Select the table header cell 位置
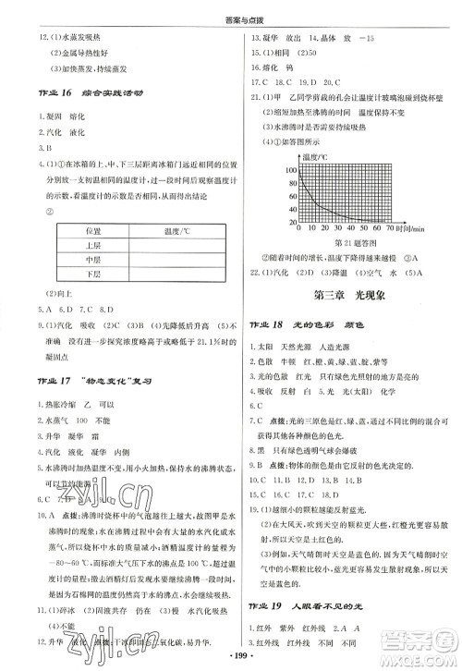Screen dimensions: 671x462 (93, 230)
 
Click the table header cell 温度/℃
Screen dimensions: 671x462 (169, 230)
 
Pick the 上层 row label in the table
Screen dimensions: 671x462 (93, 246)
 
